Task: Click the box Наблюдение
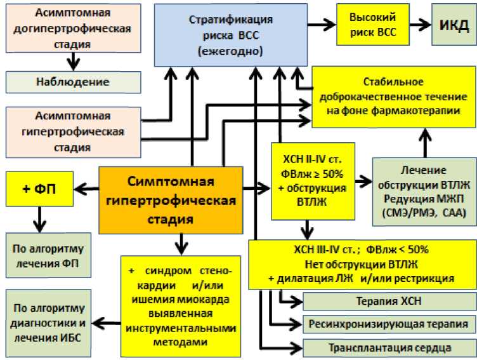pyautogui.click(x=73, y=82)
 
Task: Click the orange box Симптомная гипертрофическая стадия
pyautogui.click(x=171, y=200)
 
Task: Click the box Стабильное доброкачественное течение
pyautogui.click(x=394, y=97)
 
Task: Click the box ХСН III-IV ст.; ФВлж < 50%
pyautogui.click(x=361, y=262)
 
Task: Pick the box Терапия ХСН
pyautogui.click(x=389, y=302)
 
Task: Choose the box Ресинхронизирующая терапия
pyautogui.click(x=389, y=324)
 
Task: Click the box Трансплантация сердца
pyautogui.click(x=389, y=347)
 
